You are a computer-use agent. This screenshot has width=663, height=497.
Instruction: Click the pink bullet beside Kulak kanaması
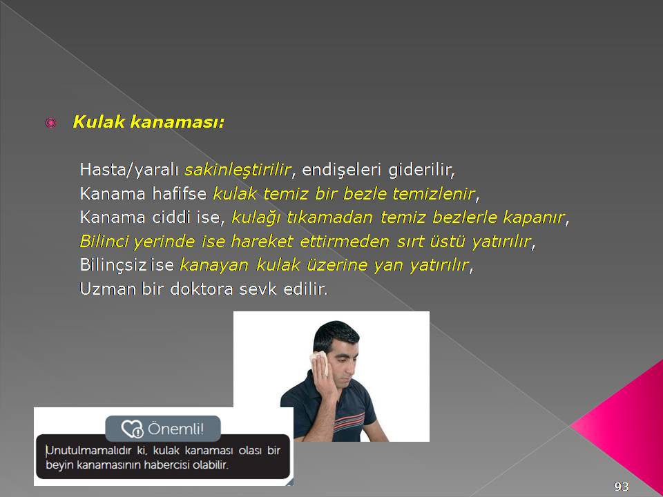point(50,123)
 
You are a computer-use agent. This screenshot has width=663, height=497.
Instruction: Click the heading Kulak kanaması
point(148,122)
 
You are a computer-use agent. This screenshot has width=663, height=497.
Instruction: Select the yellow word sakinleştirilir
point(238,170)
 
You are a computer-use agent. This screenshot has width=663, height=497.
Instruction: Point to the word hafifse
point(180,193)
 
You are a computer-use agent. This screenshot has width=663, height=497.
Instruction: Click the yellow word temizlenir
point(434,193)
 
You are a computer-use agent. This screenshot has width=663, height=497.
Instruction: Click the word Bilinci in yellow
point(104,242)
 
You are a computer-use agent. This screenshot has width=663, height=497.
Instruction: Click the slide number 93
point(622,487)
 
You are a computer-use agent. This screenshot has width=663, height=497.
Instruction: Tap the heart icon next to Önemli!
point(132,429)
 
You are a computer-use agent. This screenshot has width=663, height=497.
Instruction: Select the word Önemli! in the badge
point(175,429)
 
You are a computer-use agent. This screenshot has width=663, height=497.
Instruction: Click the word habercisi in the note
point(167,465)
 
